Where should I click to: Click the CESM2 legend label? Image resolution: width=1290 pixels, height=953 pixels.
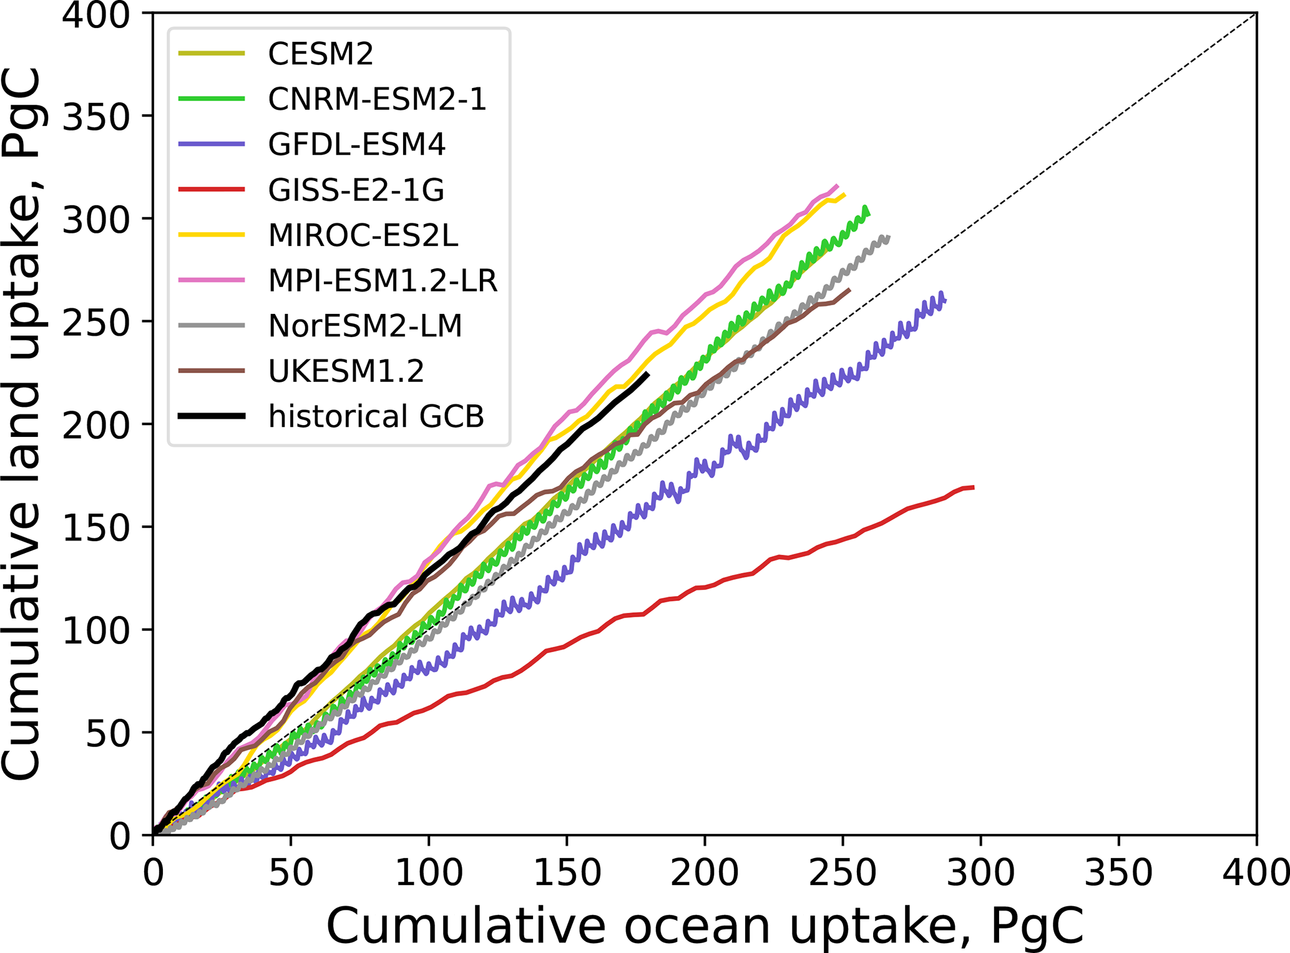320,54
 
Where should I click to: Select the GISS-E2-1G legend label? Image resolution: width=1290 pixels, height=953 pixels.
356,190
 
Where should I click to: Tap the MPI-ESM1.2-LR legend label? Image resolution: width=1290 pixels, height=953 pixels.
383,281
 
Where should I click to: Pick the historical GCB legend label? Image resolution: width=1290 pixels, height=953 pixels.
376,416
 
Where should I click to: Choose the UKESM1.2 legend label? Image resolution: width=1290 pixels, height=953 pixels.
346,371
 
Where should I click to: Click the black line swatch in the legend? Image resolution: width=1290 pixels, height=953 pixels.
211,416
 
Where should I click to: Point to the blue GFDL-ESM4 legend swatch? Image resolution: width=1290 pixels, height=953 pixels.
211,144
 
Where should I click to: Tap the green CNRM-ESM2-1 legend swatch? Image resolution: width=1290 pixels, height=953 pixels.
211,99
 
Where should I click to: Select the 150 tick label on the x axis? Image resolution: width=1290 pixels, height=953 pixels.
567,873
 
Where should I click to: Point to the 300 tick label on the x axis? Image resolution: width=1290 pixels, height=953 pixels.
980,873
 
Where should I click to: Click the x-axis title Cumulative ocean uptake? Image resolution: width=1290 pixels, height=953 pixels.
704,926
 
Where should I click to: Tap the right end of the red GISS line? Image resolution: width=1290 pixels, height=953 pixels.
974,487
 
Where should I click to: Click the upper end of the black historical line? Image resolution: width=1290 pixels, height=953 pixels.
648,374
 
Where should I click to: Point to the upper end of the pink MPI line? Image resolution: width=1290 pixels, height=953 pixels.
837,185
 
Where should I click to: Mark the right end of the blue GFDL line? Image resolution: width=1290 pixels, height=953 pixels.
944,300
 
